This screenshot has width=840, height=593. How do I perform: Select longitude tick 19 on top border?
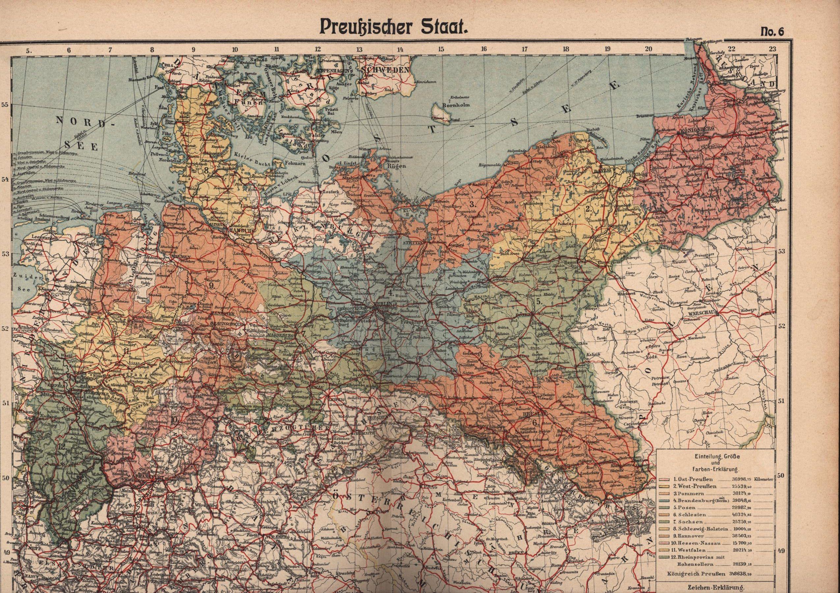point(608,49)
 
